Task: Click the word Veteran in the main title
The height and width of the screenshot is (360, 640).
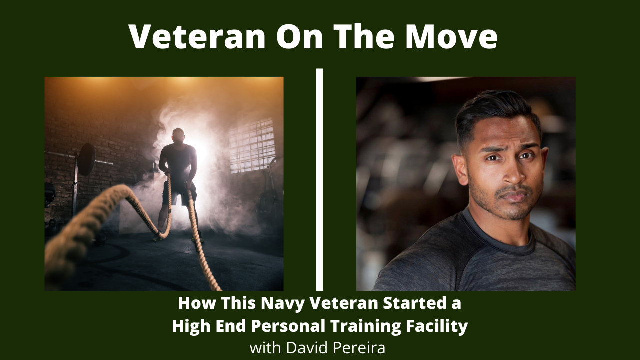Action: pos(197,37)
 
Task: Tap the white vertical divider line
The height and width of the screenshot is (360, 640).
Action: pos(319,179)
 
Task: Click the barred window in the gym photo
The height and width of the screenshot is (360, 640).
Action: pos(252,146)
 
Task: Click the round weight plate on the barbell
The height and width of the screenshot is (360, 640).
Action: pos(86,159)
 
